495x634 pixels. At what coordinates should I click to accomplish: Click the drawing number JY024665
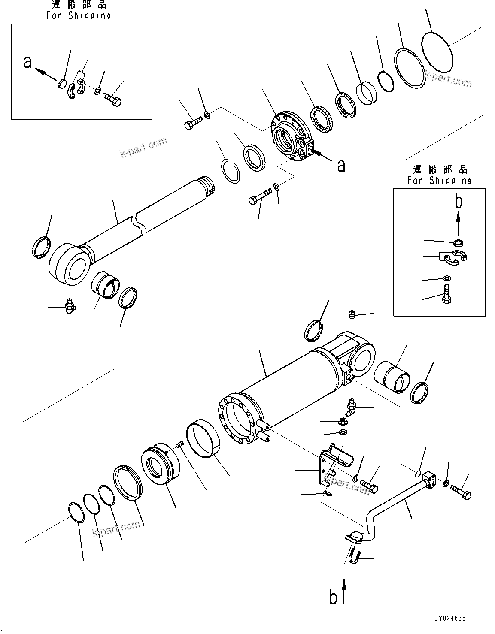[x=449, y=618]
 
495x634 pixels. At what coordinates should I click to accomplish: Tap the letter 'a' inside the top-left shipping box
[x=28, y=63]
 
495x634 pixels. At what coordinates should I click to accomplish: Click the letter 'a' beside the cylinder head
[x=341, y=165]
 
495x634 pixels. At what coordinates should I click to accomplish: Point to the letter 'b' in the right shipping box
[x=459, y=202]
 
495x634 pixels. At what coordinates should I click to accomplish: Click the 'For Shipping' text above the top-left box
[x=79, y=15]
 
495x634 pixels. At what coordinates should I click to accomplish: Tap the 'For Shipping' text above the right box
[x=439, y=181]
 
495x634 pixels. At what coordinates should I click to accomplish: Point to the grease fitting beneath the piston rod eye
[x=69, y=306]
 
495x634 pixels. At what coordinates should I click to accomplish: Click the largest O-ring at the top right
[x=437, y=53]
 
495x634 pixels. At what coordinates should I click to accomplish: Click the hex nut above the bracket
[x=343, y=422]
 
